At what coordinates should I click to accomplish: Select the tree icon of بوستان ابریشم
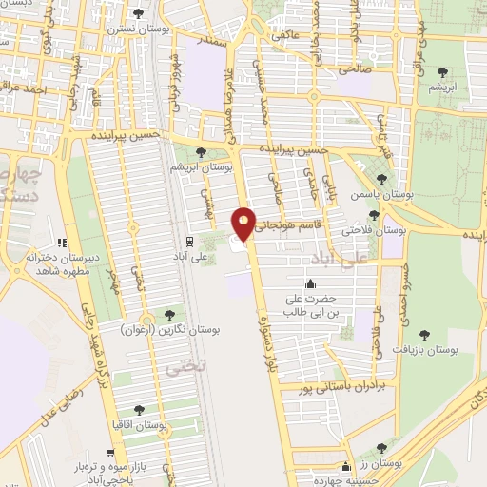tap(200, 151)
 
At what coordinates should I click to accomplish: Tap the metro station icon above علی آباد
tap(189, 241)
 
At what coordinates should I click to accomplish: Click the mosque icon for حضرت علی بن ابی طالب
tap(309, 283)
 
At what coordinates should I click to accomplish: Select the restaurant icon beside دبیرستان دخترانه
tap(63, 243)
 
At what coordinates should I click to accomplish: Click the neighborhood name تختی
tap(179, 365)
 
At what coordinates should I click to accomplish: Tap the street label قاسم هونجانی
tap(284, 224)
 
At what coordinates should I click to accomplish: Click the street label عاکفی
tap(284, 35)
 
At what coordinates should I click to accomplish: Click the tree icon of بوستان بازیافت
tap(424, 334)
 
